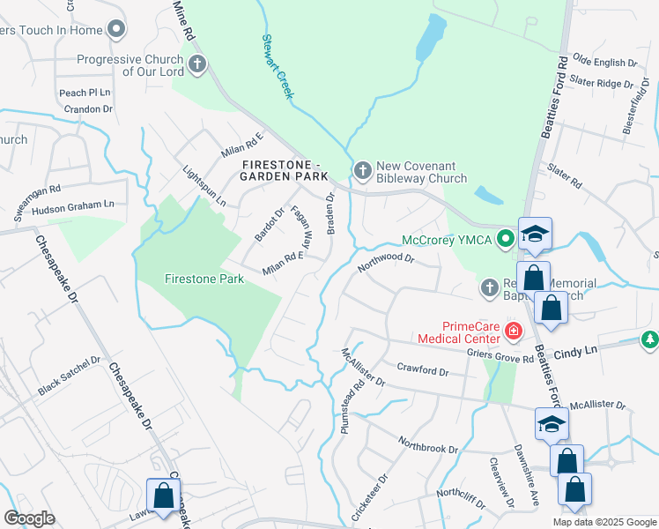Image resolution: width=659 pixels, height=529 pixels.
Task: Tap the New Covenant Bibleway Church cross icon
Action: tap(362, 169)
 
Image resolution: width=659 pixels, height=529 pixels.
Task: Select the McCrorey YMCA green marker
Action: tap(505, 238)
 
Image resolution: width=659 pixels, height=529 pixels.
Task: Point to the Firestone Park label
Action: tap(204, 279)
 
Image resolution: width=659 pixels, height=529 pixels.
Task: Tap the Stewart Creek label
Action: tap(278, 67)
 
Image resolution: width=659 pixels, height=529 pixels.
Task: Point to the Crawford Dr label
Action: tap(423, 368)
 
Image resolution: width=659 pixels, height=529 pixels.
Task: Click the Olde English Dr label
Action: tap(604, 63)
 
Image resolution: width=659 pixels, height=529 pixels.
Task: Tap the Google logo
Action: tap(29, 518)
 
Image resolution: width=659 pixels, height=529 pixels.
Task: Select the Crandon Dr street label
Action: tap(88, 109)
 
